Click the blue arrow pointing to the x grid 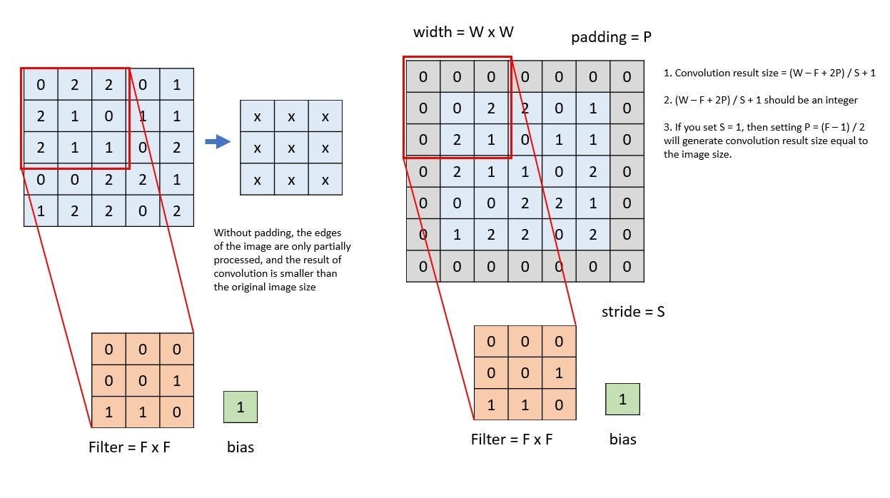pos(218,141)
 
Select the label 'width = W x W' pos(463,32)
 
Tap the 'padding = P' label pos(611,37)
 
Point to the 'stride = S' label pos(633,312)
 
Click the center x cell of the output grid pos(291,148)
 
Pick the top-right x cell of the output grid pos(325,116)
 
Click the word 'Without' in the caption pos(233,233)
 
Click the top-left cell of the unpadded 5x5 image pos(41,85)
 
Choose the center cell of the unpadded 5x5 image pos(108,148)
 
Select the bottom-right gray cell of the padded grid pos(627,266)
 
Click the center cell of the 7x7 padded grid pos(525,172)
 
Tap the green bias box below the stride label pos(622,400)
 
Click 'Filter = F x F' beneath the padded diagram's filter pos(512,439)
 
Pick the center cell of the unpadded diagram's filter pos(143,381)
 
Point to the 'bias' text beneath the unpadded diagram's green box pos(241,447)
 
